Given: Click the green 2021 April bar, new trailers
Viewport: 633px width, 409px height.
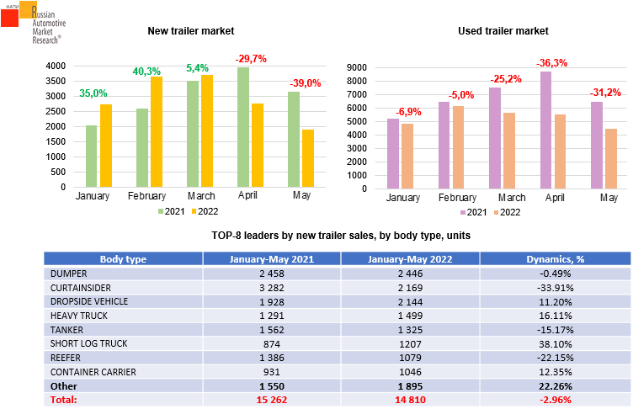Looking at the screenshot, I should [243, 127].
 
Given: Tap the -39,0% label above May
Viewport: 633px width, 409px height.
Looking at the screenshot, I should [306, 83].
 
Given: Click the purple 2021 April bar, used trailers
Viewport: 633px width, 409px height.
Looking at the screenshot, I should [546, 130].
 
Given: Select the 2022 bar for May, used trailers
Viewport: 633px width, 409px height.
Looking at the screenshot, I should [611, 158].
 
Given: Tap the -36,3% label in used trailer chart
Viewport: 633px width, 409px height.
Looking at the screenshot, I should [552, 62].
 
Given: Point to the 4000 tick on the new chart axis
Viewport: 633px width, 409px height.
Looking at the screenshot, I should [56, 66].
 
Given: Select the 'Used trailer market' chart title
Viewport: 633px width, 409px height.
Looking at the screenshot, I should [503, 31].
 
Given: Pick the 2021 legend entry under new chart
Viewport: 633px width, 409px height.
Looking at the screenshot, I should [173, 210].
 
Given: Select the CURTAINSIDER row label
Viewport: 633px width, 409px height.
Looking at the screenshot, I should [82, 287].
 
